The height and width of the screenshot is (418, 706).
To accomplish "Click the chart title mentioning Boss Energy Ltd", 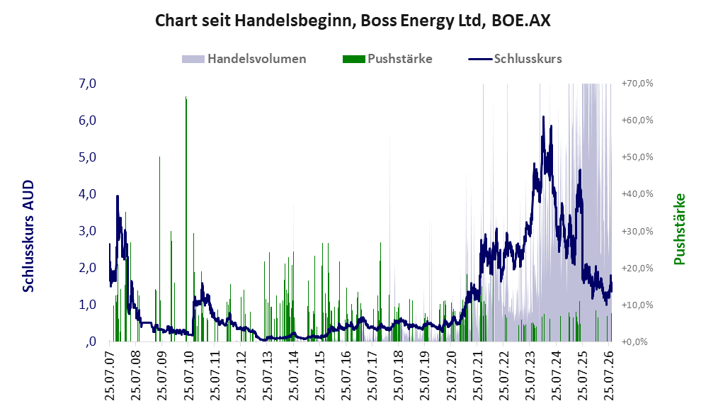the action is (x=353, y=21).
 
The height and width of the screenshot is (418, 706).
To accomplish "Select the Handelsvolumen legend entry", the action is (x=244, y=59).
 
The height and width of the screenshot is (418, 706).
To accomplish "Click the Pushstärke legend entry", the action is (x=387, y=59).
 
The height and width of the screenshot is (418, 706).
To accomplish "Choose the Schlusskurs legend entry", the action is (x=515, y=59).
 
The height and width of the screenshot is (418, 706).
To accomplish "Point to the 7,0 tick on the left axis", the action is (x=87, y=84).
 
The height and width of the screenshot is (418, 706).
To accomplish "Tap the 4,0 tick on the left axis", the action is (x=87, y=194).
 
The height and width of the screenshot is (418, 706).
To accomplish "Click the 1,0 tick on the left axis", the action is (x=87, y=305).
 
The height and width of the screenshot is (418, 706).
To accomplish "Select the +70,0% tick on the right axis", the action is (x=637, y=84).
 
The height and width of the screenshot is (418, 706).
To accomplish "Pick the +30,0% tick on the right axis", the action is (x=637, y=231).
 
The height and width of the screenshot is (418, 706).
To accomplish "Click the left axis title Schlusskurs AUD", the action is (x=28, y=236).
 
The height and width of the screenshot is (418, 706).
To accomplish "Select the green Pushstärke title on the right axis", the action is (x=679, y=230).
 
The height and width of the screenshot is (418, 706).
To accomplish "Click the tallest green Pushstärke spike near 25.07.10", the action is (x=186, y=219).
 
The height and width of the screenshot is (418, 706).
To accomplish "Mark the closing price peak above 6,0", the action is (x=543, y=117).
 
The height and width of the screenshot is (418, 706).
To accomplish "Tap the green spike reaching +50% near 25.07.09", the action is (x=159, y=249).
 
